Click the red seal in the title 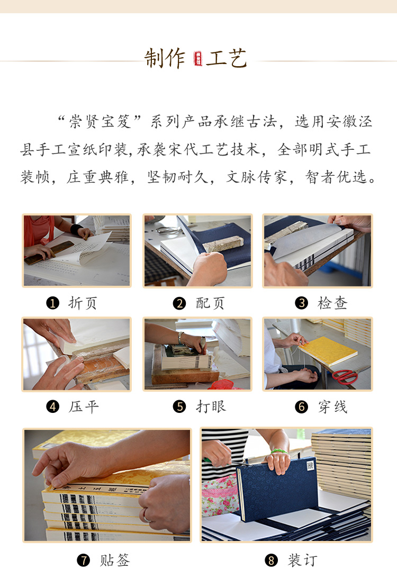pyautogui.click(x=198, y=59)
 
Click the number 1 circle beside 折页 pyautogui.click(x=52, y=303)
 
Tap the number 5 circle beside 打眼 pyautogui.click(x=179, y=407)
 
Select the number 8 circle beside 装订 pyautogui.click(x=271, y=561)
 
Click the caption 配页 pyautogui.click(x=210, y=303)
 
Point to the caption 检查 pyautogui.click(x=332, y=303)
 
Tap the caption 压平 pyautogui.click(x=84, y=407)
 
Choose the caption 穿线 pyautogui.click(x=332, y=407)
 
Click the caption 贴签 pyautogui.click(x=115, y=561)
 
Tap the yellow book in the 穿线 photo pyautogui.click(x=328, y=351)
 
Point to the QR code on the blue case pyautogui.click(x=310, y=465)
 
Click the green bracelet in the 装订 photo pyautogui.click(x=279, y=451)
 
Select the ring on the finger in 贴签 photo pyautogui.click(x=146, y=518)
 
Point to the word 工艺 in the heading pyautogui.click(x=226, y=59)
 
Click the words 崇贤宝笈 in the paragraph pyautogui.click(x=100, y=121)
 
